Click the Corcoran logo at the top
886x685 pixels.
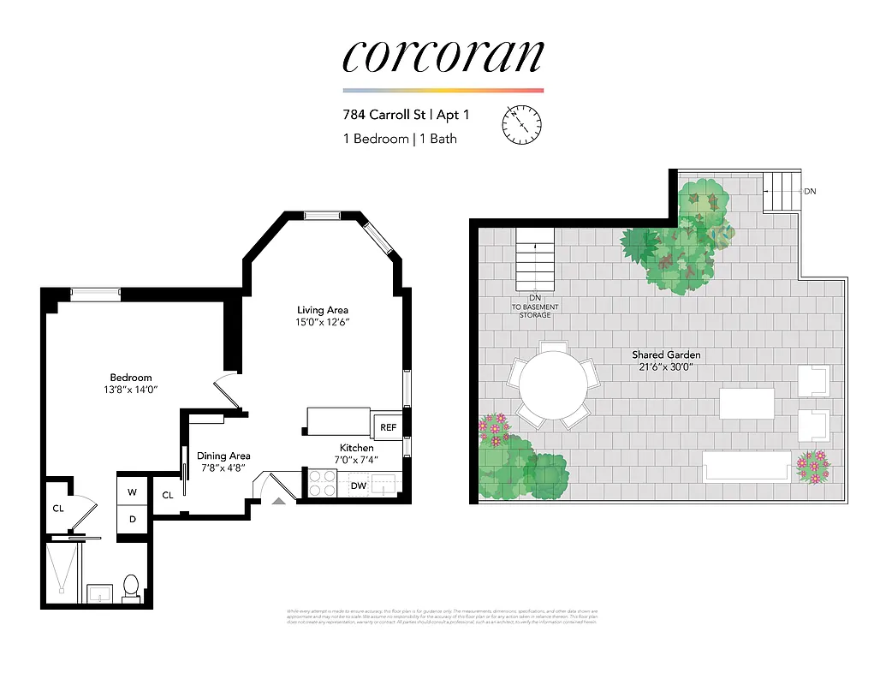tap(443, 57)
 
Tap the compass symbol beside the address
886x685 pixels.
tap(521, 125)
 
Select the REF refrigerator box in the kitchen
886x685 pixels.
tap(388, 426)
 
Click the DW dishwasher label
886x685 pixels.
tap(358, 486)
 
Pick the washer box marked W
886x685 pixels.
tap(133, 491)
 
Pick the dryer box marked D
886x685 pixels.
tap(133, 519)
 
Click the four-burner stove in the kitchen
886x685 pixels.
tap(323, 484)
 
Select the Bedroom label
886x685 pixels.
tap(131, 378)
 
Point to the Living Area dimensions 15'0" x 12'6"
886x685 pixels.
tap(323, 323)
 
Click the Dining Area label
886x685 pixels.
tap(223, 456)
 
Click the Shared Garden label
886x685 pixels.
tap(666, 354)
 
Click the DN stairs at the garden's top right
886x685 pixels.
tap(780, 192)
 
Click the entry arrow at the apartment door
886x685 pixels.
tap(277, 499)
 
